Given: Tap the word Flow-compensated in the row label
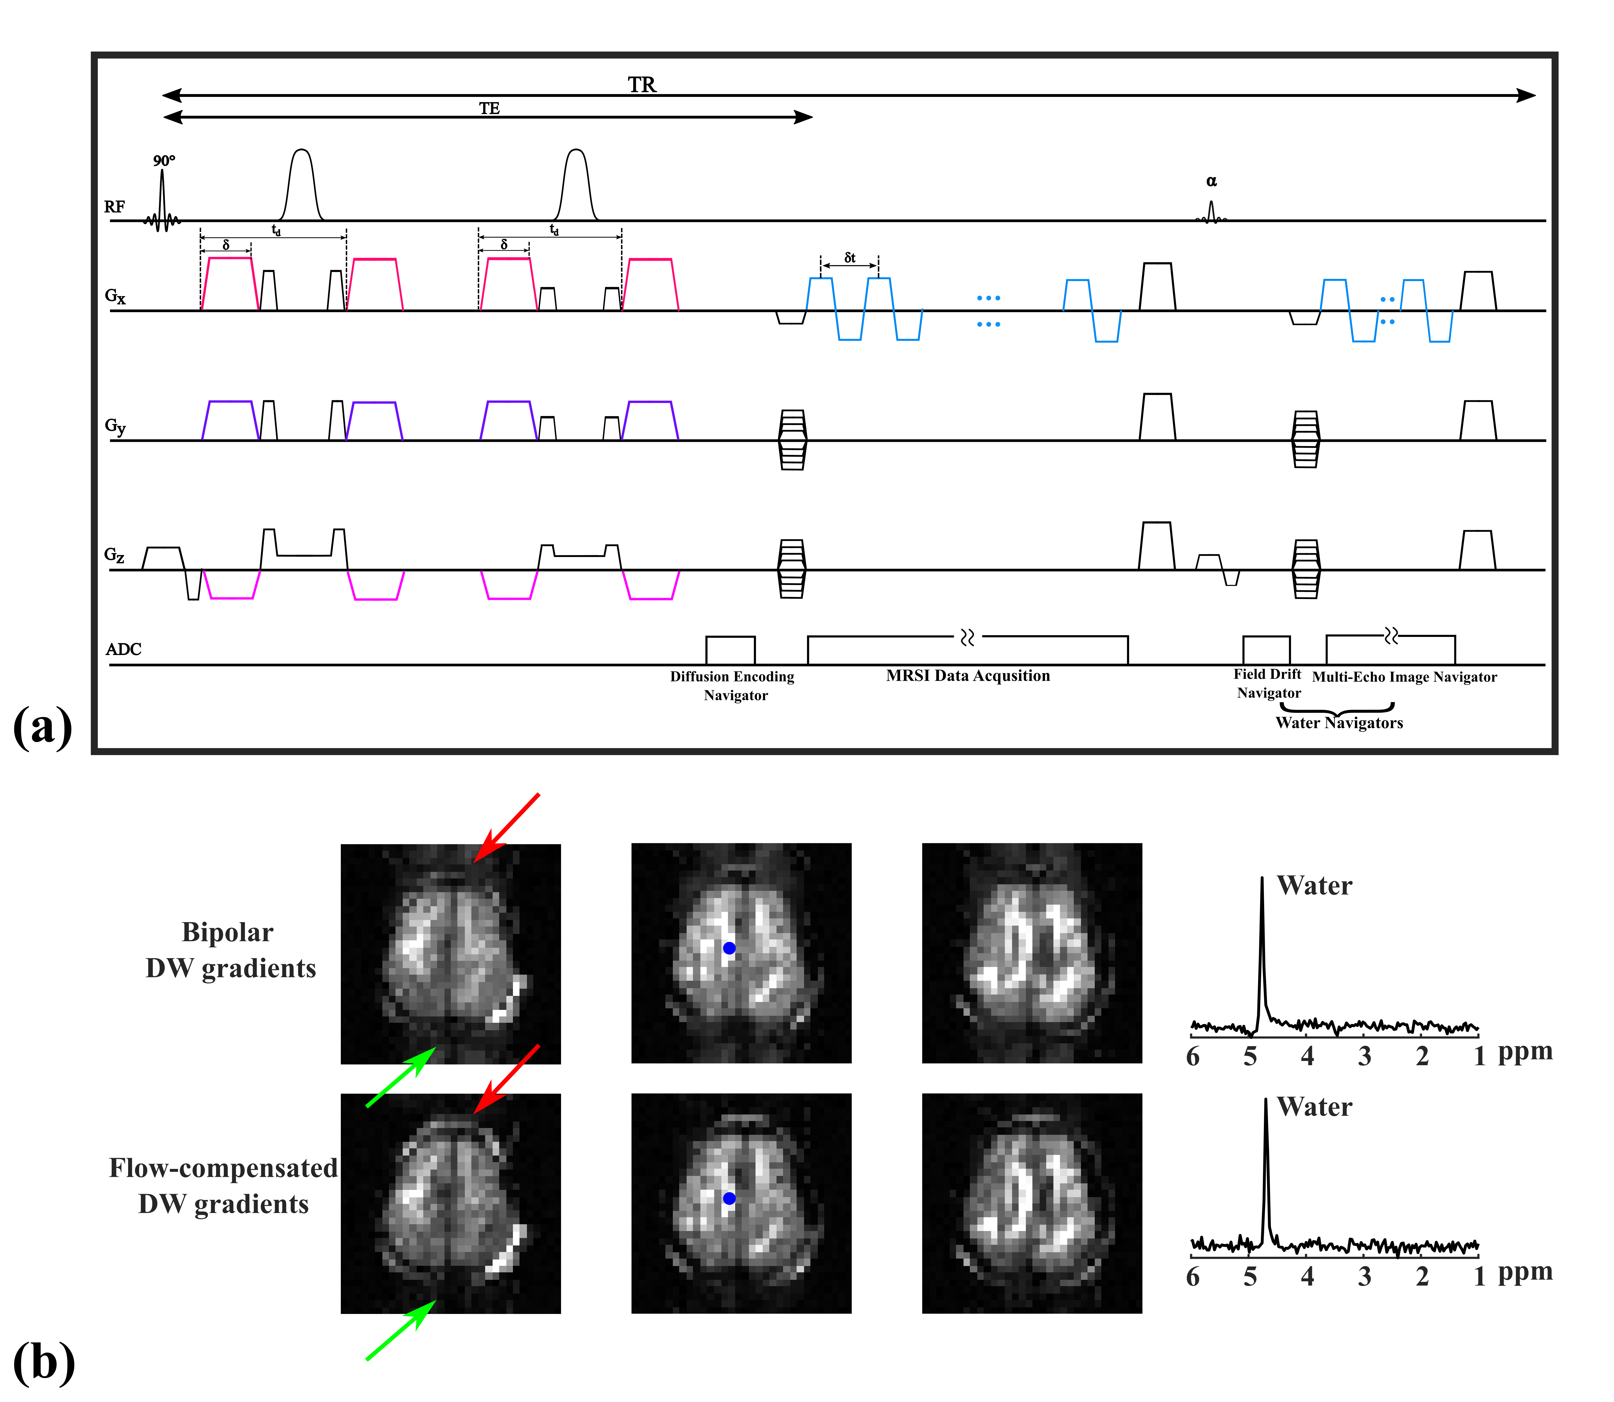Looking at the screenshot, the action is [x=223, y=1168].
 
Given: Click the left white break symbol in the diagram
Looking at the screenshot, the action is [x=967, y=638].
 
